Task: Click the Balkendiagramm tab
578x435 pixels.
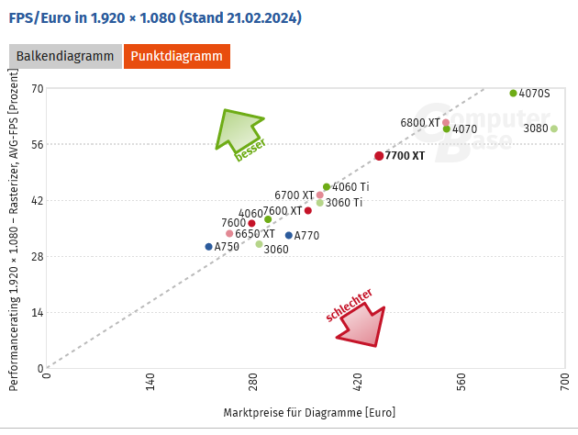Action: [x=65, y=57]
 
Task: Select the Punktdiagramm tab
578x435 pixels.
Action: [x=177, y=57]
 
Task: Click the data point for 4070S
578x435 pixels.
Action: [x=514, y=93]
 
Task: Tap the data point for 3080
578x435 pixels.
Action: [x=554, y=128]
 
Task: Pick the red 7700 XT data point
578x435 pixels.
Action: [x=379, y=156]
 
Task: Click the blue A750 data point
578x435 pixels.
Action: [x=209, y=247]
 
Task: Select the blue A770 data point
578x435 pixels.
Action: [x=289, y=236]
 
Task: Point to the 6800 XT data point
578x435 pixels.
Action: [x=446, y=122]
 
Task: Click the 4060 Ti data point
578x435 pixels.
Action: [x=327, y=187]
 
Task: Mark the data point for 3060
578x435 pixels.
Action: [x=260, y=244]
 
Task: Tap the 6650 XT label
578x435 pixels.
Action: [x=255, y=234]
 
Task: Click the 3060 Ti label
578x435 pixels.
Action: [x=344, y=203]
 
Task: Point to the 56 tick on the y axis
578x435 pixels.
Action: [x=38, y=144]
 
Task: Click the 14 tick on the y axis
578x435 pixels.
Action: [x=38, y=313]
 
